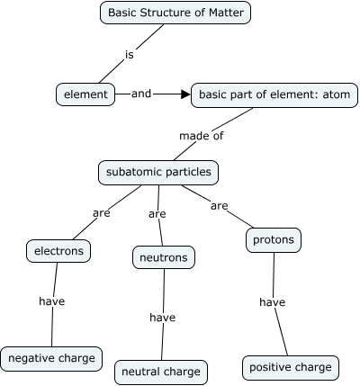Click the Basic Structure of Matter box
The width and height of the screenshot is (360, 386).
pos(174,13)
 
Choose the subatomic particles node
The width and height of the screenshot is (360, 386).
pos(158,171)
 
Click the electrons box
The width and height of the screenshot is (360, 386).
pos(58,251)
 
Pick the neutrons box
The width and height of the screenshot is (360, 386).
pos(163,258)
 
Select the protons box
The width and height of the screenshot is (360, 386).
pos(273,240)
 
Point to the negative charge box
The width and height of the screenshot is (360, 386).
pos(51,358)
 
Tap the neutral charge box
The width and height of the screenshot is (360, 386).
pos(161,372)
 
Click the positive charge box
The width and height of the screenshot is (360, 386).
pos(291,367)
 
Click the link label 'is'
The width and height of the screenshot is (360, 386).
pos(130,54)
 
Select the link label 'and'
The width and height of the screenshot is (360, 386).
pos(141,93)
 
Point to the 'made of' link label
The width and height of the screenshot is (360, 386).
pos(202,136)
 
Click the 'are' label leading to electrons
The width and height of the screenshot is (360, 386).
pos(102,213)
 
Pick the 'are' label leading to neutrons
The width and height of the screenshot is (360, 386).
pos(157,214)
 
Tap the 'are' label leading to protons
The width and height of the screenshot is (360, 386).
pos(220,206)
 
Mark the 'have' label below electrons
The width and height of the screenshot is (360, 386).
pos(52,301)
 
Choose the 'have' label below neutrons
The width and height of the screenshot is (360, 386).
pos(162,317)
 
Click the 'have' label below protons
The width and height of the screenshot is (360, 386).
pos(272,302)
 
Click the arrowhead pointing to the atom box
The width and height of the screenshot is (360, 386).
pos(184,94)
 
